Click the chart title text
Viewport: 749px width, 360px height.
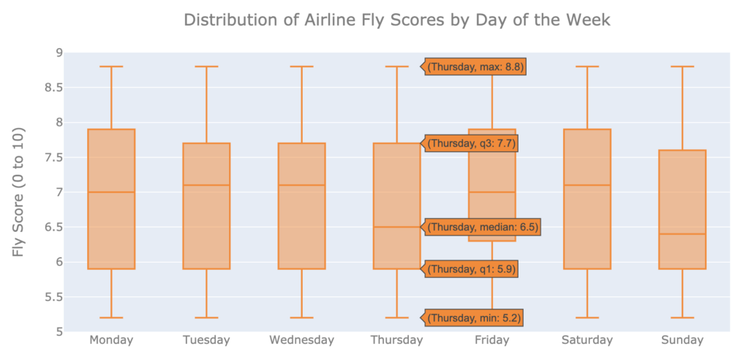396,20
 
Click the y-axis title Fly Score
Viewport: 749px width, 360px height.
19,192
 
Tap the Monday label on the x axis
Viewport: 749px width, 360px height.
111,340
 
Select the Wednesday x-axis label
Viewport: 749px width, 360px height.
301,340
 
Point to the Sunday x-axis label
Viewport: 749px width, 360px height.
682,340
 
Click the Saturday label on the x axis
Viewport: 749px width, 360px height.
587,340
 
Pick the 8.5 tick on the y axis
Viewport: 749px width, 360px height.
52,88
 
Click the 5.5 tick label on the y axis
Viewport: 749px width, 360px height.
52,297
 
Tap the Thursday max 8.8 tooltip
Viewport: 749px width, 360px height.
475,67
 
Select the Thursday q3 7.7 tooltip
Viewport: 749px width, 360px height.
472,143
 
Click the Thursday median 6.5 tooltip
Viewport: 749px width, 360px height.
483,227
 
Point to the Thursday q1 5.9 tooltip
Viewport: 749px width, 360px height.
472,269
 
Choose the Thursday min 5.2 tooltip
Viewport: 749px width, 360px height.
475,318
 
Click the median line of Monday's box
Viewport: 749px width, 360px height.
111,192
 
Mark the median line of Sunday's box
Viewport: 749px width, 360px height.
682,234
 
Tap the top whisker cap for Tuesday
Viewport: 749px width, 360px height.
206,67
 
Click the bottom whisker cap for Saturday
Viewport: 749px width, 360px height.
587,318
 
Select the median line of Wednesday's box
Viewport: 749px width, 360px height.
301,185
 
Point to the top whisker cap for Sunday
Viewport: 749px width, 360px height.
682,67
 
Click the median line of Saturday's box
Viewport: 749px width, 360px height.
587,185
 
